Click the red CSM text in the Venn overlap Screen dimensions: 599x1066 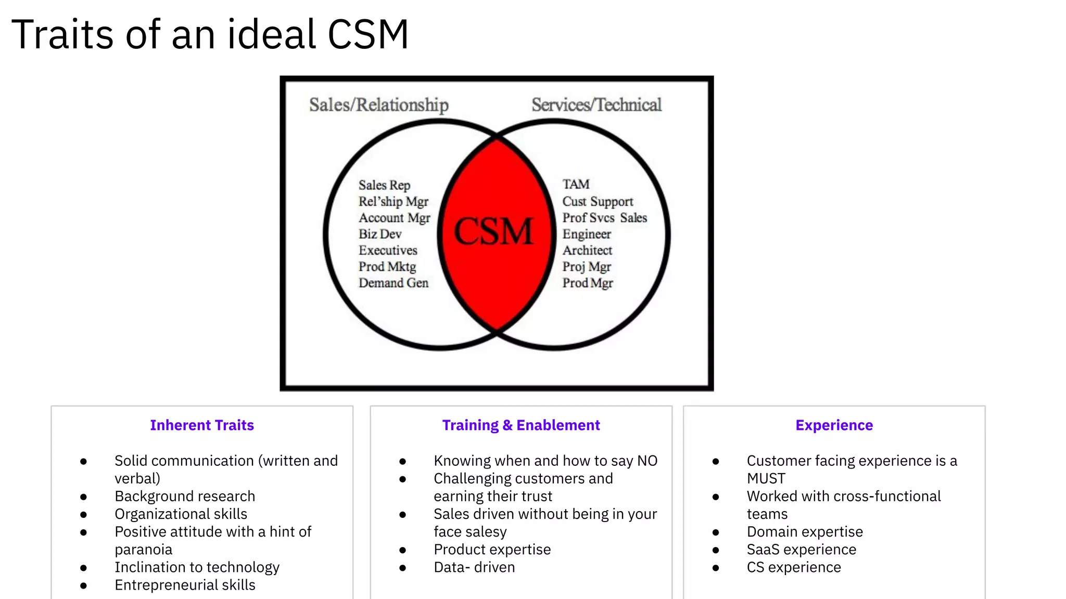[x=493, y=231]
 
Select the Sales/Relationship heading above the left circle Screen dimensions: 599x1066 [x=378, y=105]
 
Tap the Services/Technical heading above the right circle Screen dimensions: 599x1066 [x=597, y=105]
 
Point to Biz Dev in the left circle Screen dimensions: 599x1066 [x=380, y=234]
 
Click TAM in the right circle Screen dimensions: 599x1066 [x=576, y=185]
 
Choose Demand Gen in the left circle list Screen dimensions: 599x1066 [x=394, y=283]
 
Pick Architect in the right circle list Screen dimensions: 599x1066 [x=587, y=251]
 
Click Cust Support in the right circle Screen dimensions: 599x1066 [x=598, y=202]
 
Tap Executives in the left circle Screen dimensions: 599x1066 [x=388, y=251]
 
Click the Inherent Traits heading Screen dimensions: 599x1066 [x=202, y=425]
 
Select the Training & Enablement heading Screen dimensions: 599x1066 [x=521, y=425]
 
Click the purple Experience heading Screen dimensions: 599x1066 [x=834, y=425]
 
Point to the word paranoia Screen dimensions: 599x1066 [x=143, y=550]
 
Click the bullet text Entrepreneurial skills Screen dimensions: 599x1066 [x=185, y=585]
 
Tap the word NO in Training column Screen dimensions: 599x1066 [x=647, y=461]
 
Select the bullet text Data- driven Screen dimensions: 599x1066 [x=474, y=567]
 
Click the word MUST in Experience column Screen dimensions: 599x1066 [x=766, y=479]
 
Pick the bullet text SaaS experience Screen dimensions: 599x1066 [x=801, y=550]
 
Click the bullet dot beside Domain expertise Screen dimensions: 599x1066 [x=716, y=532]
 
